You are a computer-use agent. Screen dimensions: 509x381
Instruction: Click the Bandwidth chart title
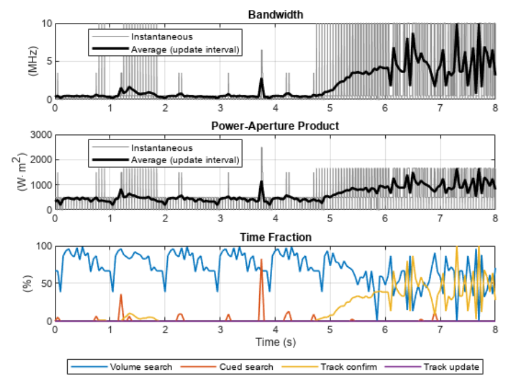pos(276,15)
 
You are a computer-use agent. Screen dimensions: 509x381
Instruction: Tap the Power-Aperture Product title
pos(275,126)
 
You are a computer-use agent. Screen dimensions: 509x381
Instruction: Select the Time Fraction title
pos(276,237)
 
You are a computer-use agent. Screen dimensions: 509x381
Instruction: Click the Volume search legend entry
pos(121,367)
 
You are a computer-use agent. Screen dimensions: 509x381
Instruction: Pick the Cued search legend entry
pos(227,367)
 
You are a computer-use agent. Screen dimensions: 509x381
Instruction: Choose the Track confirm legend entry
pos(329,367)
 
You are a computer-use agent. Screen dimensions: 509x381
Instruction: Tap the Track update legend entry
pos(432,367)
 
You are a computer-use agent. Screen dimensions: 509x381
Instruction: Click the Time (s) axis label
pos(275,342)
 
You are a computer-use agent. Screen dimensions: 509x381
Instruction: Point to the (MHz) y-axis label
pos(33,61)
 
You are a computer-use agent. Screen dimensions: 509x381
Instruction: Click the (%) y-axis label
pos(28,283)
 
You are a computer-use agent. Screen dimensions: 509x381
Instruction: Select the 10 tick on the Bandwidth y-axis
pos(47,24)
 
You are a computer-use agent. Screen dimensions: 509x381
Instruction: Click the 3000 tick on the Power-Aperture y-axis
pos(41,135)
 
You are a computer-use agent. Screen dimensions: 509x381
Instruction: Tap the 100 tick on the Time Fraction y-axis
pos(44,246)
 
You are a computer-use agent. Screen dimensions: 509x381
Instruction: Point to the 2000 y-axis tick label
pos(41,160)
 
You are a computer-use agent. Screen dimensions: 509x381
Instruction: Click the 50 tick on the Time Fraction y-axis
pos(47,283)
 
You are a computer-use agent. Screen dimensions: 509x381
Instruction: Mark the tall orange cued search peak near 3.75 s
pos(262,260)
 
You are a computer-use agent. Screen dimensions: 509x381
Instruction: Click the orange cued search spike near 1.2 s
pos(121,295)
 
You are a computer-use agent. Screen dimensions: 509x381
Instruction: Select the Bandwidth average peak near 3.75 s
pos(262,79)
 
